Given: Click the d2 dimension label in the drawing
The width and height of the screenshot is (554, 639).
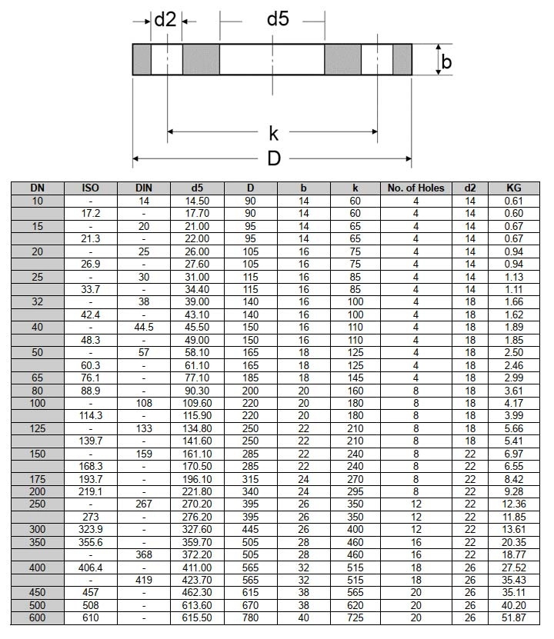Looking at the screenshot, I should [x=165, y=19].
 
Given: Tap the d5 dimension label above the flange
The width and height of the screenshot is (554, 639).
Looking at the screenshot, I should [x=278, y=19].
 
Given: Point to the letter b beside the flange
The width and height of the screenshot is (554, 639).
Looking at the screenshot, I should [x=446, y=62].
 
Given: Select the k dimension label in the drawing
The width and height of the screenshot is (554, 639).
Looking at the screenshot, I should [x=273, y=133].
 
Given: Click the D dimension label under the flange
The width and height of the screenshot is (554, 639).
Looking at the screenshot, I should [x=273, y=159].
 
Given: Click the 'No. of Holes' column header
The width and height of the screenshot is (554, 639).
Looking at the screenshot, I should [x=415, y=188].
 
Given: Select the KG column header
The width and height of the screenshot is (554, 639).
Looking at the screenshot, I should [x=514, y=188].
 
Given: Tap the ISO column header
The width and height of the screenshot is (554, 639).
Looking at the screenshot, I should [x=91, y=188].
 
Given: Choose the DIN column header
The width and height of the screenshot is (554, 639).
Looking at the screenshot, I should [x=144, y=188].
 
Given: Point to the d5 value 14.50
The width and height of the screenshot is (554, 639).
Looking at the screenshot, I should [x=198, y=201].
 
